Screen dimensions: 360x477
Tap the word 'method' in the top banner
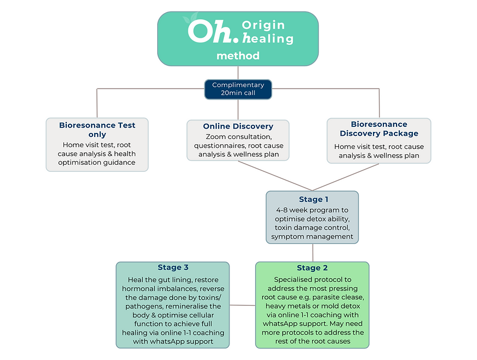click(238, 56)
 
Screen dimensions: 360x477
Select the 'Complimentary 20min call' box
click(238, 89)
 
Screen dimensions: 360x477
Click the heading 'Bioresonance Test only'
click(97, 130)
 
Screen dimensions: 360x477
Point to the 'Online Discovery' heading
click(238, 126)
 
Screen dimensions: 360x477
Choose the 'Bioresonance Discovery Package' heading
click(378, 129)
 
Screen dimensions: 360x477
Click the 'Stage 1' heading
click(312, 199)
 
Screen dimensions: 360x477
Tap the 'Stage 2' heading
click(312, 268)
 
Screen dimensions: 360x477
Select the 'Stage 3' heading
click(173, 268)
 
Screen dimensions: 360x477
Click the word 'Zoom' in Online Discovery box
click(216, 136)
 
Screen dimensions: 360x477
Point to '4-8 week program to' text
click(312, 210)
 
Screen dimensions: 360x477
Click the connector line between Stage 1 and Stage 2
click(312, 252)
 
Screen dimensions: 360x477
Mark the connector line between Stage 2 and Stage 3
click(242, 305)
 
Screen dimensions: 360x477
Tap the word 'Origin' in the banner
click(263, 25)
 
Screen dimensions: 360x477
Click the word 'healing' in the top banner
click(268, 39)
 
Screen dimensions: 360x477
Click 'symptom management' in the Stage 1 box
click(312, 236)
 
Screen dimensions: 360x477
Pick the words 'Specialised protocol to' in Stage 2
click(312, 279)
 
